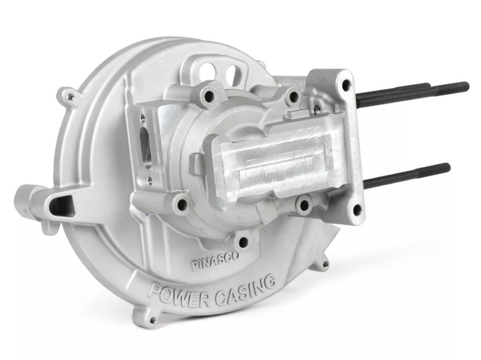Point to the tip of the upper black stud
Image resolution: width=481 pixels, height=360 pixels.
coord(466,86)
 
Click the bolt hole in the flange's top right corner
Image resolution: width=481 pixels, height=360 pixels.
coord(345,85)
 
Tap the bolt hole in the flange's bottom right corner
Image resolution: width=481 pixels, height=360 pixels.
coord(357,210)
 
